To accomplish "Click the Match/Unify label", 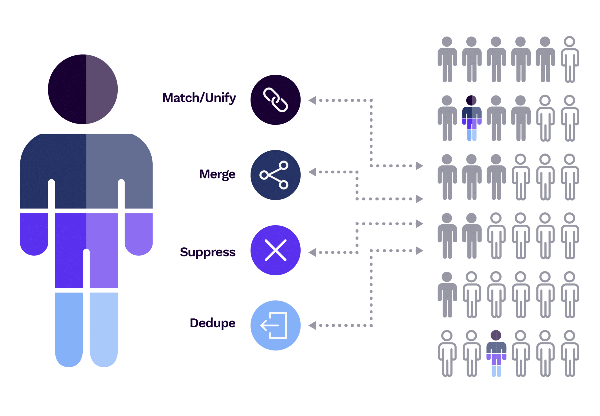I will coord(199,98).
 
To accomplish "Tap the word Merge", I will coord(217,174).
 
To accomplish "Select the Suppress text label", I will coord(208,252).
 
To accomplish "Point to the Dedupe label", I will coord(213,323).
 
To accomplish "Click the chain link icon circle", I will coord(275,100).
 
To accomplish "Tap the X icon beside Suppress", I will coord(275,250).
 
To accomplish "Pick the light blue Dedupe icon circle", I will coord(275,325).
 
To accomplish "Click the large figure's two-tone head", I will coord(83,89).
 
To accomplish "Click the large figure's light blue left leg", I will coord(69,328).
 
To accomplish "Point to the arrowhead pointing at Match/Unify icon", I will coord(312,100).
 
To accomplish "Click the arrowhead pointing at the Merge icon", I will coord(312,172).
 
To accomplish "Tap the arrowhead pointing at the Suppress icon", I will coord(312,252).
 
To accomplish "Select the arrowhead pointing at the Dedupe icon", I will coord(312,325).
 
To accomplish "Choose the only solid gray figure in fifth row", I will coord(447,295).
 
